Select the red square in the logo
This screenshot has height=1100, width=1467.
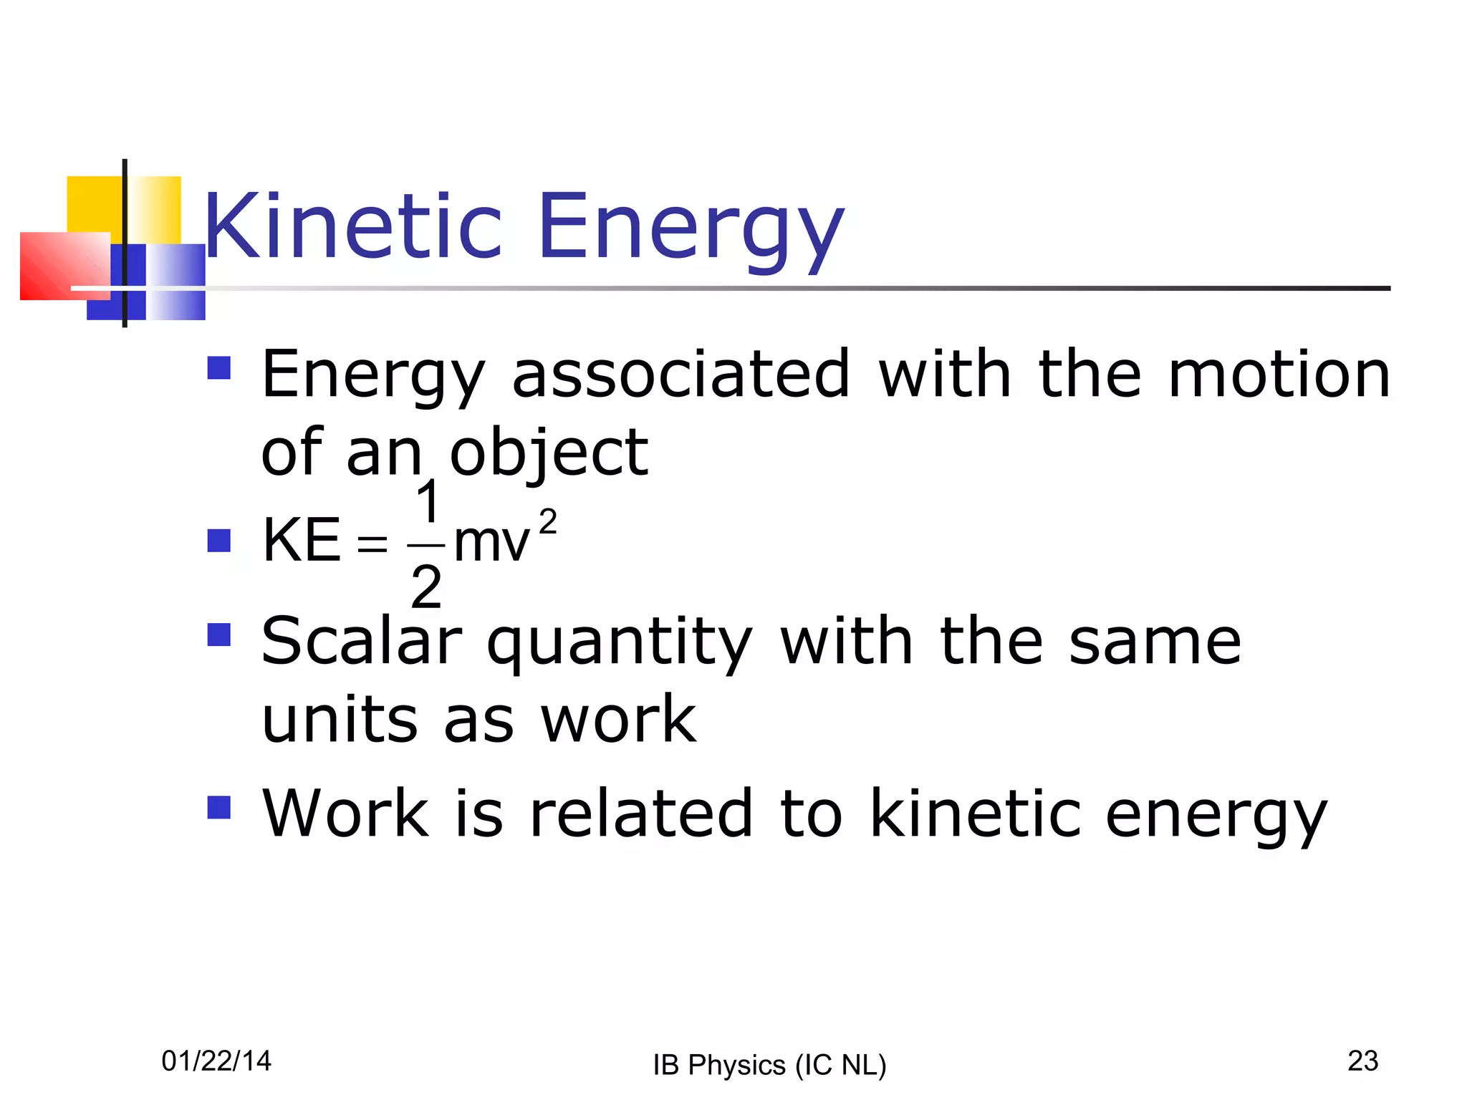coord(61,266)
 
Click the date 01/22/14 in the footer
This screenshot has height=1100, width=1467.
coord(216,1061)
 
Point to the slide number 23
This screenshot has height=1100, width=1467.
coord(1362,1061)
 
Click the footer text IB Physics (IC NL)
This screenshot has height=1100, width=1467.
coord(769,1065)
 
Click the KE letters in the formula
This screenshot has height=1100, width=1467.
coord(301,541)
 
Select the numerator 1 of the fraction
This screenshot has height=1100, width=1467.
coord(427,502)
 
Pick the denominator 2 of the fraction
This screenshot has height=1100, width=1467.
coord(426,587)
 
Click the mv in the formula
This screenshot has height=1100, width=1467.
coord(492,543)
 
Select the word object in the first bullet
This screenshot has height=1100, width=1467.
coord(549,453)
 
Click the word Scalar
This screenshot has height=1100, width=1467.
coord(362,642)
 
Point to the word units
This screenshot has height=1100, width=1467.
coord(340,720)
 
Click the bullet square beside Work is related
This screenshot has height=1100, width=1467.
coord(218,807)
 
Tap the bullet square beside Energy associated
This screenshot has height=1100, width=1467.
coord(218,368)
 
